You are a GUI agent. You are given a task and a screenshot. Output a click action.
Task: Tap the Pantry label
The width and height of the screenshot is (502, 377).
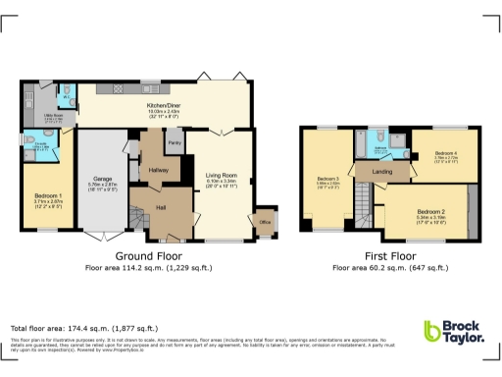tap(174, 144)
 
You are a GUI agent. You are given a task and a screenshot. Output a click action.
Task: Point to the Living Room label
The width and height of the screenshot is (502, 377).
tap(224, 175)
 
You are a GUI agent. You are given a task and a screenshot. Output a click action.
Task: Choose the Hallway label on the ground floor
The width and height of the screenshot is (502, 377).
tap(159, 170)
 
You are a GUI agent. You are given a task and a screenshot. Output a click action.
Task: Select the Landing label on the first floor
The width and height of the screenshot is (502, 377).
tap(381, 173)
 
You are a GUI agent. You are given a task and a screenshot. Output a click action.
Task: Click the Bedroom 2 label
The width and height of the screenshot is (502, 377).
tap(430, 211)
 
